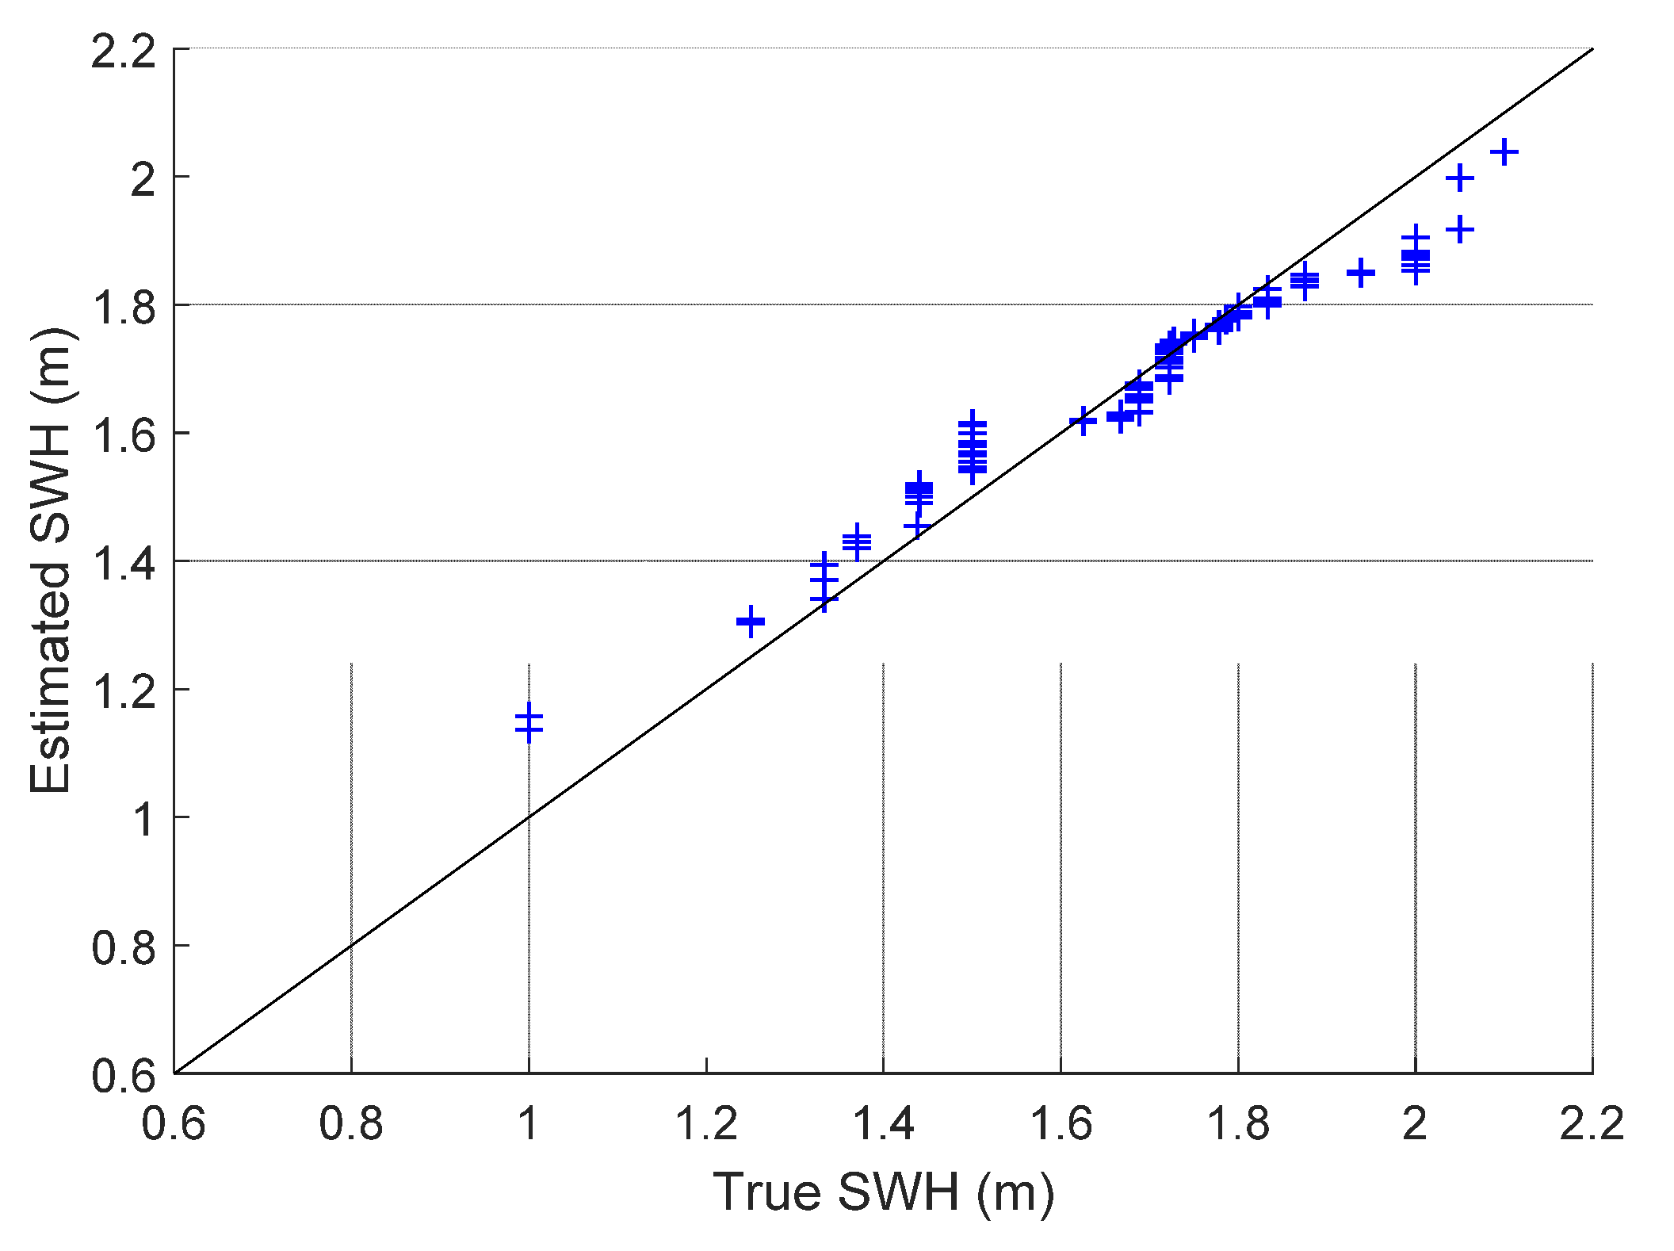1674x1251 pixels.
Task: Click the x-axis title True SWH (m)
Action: click(x=883, y=1192)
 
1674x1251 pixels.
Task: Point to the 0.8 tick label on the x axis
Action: click(x=350, y=1124)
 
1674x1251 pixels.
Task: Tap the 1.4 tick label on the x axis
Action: click(x=883, y=1124)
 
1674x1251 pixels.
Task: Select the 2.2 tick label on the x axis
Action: click(x=1592, y=1124)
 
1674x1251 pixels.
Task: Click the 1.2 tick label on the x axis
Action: click(x=705, y=1124)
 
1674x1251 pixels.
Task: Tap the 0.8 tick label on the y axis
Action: click(x=124, y=948)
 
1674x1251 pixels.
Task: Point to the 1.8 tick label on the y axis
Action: click(x=124, y=308)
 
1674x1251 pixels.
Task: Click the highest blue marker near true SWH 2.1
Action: click(x=1504, y=151)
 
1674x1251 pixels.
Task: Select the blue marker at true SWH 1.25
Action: click(x=751, y=622)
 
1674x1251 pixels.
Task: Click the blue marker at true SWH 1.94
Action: click(x=1361, y=274)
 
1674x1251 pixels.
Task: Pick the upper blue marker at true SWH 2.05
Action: click(x=1460, y=178)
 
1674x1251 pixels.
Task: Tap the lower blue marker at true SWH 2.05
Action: click(x=1460, y=231)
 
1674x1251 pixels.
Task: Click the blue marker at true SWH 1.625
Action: click(x=1083, y=421)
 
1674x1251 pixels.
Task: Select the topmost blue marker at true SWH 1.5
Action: click(x=973, y=424)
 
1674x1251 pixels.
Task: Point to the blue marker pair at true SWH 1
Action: click(x=529, y=722)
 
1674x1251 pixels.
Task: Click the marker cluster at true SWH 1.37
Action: click(x=857, y=542)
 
